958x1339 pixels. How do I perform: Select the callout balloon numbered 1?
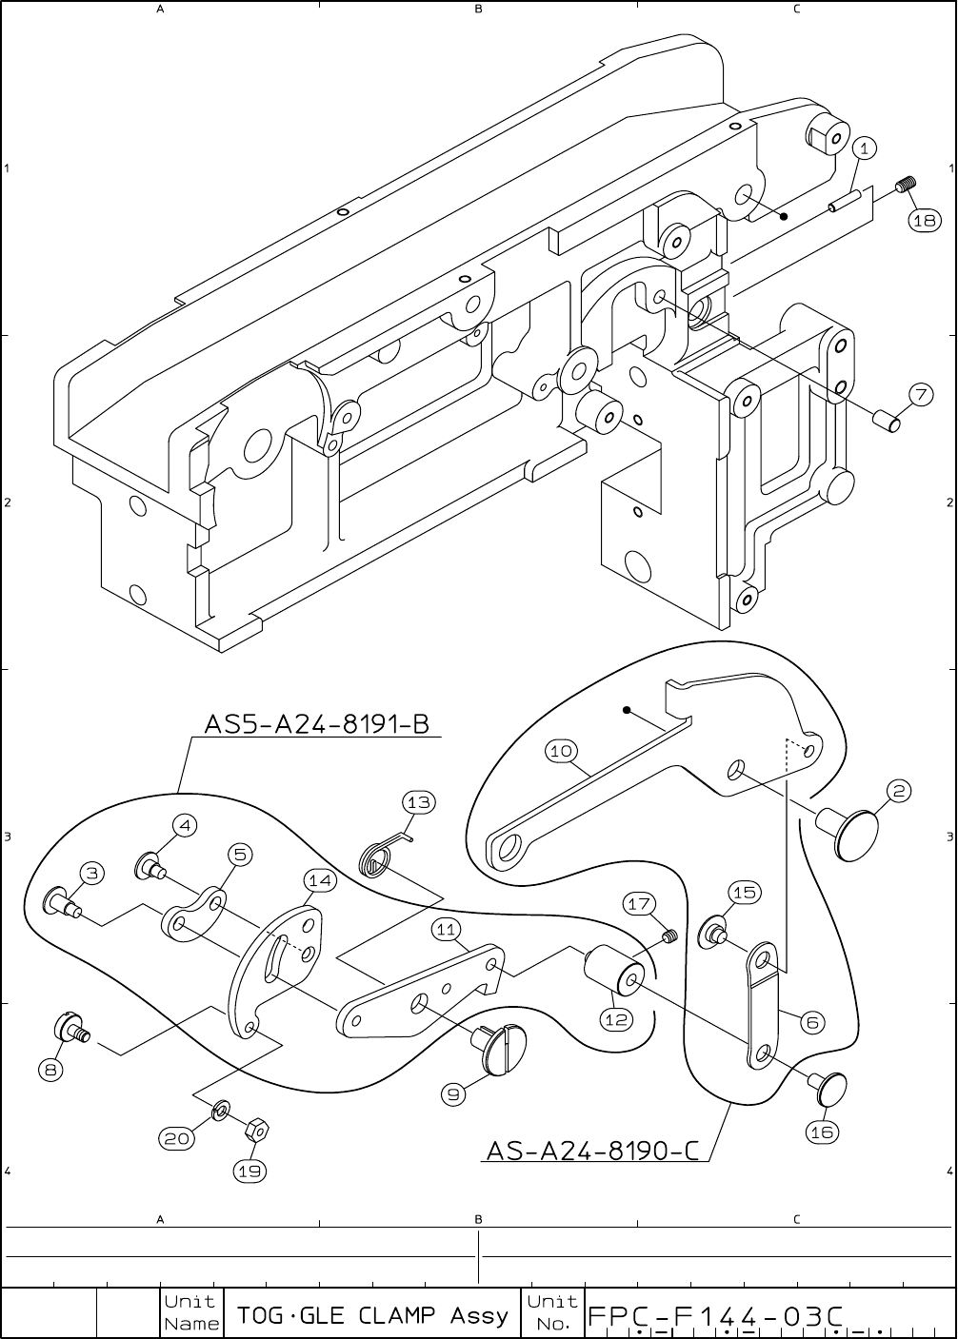(x=864, y=148)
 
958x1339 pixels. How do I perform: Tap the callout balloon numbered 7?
(x=920, y=393)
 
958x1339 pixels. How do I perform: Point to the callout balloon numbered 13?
(x=418, y=802)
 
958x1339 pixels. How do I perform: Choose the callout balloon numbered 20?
(x=176, y=1137)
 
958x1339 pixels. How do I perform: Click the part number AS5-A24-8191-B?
(x=317, y=724)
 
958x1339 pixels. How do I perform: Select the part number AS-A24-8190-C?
(x=592, y=1151)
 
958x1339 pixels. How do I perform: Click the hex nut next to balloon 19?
(x=255, y=1131)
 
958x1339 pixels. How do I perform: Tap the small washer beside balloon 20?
(x=221, y=1109)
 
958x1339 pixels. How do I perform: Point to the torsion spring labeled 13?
(x=378, y=858)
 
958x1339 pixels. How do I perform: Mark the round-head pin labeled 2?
(x=854, y=831)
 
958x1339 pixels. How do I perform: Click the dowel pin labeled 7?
(x=888, y=419)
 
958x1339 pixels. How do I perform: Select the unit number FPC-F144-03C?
(x=716, y=1316)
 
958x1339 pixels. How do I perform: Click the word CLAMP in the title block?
(x=399, y=1316)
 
